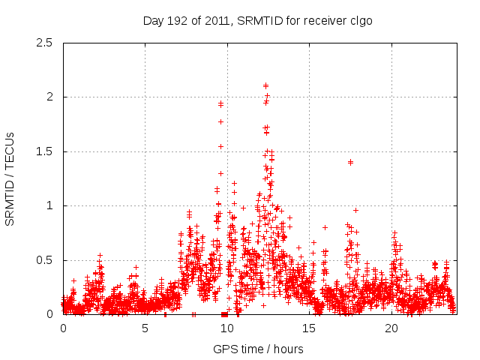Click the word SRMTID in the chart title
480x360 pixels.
pos(256,20)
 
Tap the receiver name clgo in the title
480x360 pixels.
pos(359,20)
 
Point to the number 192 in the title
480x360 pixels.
pos(178,20)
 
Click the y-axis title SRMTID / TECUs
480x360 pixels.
pos(10,178)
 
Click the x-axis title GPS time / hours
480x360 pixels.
pos(258,349)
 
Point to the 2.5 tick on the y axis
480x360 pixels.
pos(44,43)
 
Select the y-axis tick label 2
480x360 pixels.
pos(50,97)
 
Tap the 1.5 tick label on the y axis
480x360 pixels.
pos(44,151)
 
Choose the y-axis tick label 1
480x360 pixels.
pos(50,205)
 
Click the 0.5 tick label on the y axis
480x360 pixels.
pos(44,260)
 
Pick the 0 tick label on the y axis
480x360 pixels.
pos(50,314)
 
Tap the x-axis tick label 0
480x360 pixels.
pos(63,328)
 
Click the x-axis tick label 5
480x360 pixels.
pos(145,328)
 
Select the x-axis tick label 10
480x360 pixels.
pos(227,328)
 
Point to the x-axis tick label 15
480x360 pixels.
pos(309,328)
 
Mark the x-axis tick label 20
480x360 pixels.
pos(391,328)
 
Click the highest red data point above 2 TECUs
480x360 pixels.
pos(265,85)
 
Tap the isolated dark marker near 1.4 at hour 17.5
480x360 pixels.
pos(350,162)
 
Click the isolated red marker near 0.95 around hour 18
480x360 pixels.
pos(355,210)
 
